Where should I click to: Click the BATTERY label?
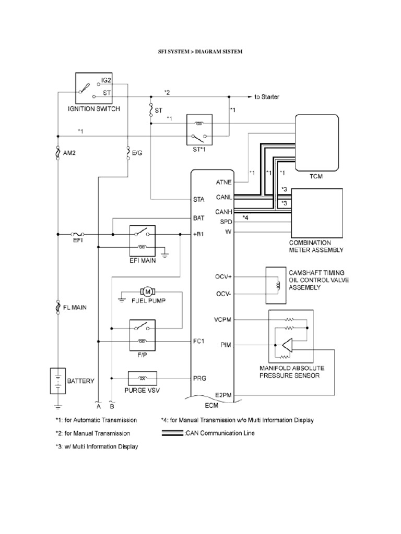click(80, 381)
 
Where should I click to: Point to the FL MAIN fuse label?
click(76, 308)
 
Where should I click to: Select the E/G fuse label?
click(138, 153)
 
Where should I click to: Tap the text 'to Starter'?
click(267, 97)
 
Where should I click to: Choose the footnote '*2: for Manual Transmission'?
click(92, 433)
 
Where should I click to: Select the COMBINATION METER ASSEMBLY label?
click(317, 246)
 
